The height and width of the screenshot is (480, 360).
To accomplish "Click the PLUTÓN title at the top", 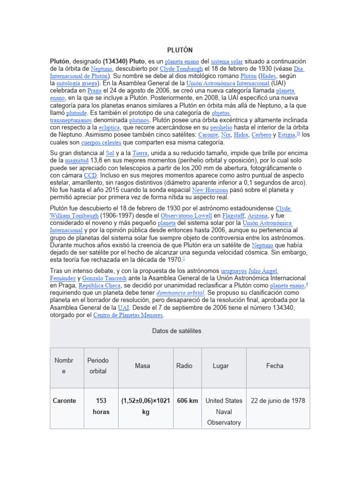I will point(180,50).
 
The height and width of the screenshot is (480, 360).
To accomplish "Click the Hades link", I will point(269,76).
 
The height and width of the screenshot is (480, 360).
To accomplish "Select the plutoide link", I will point(76,113).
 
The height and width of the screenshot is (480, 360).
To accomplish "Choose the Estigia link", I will point(286,135).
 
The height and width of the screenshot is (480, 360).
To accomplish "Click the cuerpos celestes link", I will point(101,142).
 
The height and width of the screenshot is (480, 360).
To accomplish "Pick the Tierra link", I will point(140,153).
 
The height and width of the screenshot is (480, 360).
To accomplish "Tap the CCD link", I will point(90,175).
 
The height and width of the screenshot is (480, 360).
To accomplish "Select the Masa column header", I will point(142,366).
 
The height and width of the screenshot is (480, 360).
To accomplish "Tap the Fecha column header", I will point(275,366).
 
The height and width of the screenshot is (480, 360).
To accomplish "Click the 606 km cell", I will point(187,401).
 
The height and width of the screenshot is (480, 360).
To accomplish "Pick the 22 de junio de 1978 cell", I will point(278,401).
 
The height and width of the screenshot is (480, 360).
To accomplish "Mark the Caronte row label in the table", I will point(65,401).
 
